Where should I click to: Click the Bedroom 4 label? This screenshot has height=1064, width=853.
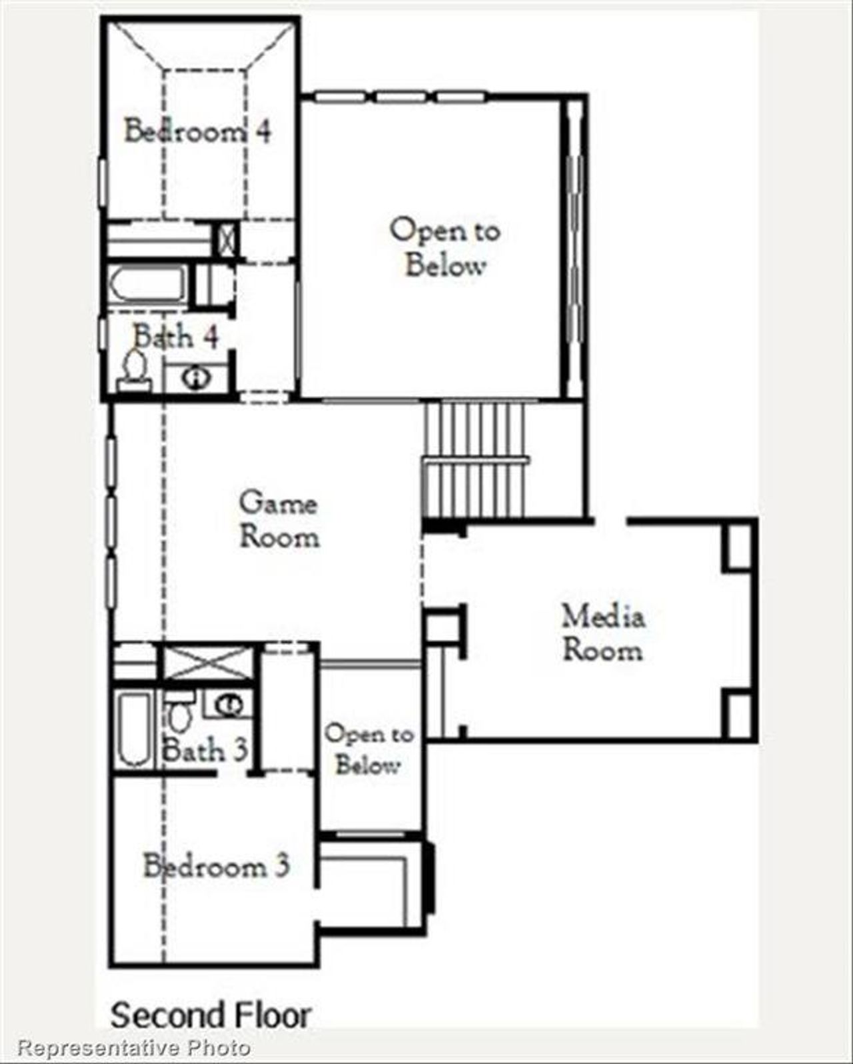click(x=198, y=130)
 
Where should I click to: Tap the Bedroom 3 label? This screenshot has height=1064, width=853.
click(x=217, y=866)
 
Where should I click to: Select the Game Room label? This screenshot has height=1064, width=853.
click(x=279, y=520)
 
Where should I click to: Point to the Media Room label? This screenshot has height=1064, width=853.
click(x=603, y=633)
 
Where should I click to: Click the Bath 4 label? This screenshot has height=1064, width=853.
click(x=176, y=336)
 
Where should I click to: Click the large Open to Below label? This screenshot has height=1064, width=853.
click(x=445, y=247)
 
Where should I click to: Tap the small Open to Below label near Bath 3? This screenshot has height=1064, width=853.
click(x=369, y=749)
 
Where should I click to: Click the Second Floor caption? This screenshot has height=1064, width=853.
click(x=211, y=1015)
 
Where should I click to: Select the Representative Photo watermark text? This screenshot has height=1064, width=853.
click(x=133, y=1047)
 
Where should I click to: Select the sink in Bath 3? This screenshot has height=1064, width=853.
click(x=229, y=705)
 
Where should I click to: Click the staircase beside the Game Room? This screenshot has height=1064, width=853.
click(x=474, y=460)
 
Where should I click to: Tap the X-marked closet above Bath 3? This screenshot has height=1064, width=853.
click(x=209, y=663)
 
